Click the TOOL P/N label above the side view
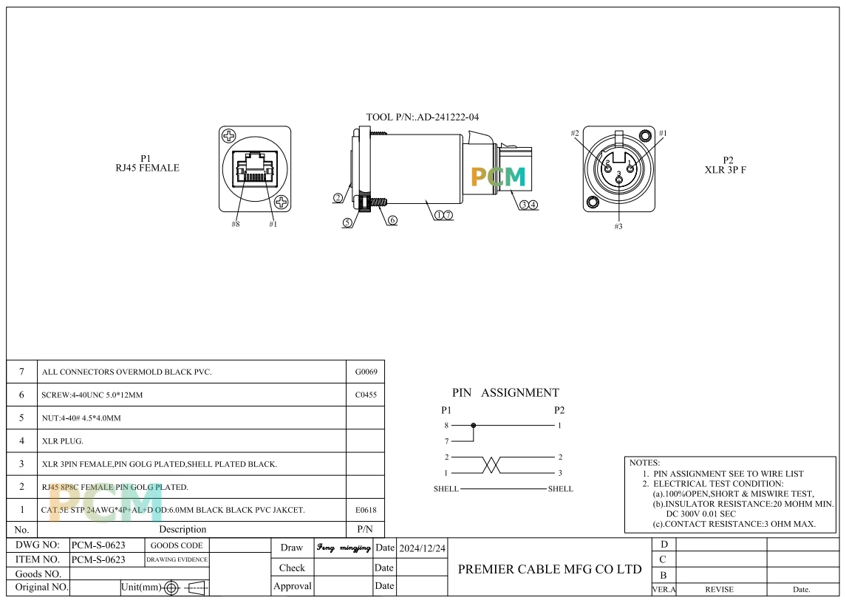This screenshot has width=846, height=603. pyautogui.click(x=423, y=117)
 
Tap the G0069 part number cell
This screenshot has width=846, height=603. pyautogui.click(x=366, y=372)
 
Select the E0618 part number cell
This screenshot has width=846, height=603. pyautogui.click(x=366, y=510)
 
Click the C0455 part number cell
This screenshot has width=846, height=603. pyautogui.click(x=366, y=395)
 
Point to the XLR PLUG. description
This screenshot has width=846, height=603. pyautogui.click(x=62, y=441)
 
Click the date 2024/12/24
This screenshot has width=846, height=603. pyautogui.click(x=423, y=548)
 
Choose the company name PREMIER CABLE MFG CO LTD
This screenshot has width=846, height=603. pyautogui.click(x=550, y=569)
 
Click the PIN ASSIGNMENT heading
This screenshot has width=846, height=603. pyautogui.click(x=505, y=392)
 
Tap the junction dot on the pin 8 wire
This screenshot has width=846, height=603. pyautogui.click(x=474, y=426)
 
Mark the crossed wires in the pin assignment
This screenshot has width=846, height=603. pyautogui.click(x=491, y=465)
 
